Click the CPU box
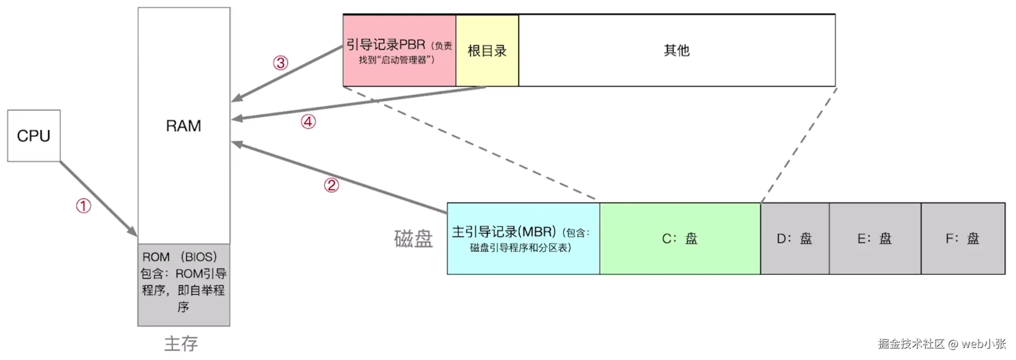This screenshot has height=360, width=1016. (x=34, y=136)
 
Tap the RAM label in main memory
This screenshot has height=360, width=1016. (x=183, y=126)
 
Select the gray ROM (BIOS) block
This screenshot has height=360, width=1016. (x=184, y=284)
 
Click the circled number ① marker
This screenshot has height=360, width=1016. (x=83, y=206)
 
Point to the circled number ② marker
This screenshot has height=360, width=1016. (x=332, y=185)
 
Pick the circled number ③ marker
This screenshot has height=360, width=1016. (x=281, y=63)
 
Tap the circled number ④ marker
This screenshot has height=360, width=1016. (x=308, y=122)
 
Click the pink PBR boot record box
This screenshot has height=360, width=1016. (x=399, y=51)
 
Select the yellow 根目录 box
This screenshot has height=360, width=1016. (x=487, y=51)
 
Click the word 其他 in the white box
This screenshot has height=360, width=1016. (x=676, y=50)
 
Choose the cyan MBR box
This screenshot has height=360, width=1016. (x=523, y=239)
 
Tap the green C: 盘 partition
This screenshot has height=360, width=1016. (x=680, y=239)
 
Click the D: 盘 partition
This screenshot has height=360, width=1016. (x=795, y=239)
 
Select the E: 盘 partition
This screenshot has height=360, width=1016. (x=875, y=239)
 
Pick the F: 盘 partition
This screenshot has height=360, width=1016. (x=963, y=239)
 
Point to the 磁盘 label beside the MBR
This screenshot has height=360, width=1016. (x=413, y=239)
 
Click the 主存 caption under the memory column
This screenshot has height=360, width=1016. (x=181, y=343)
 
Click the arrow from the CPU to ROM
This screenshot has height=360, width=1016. (x=98, y=199)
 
